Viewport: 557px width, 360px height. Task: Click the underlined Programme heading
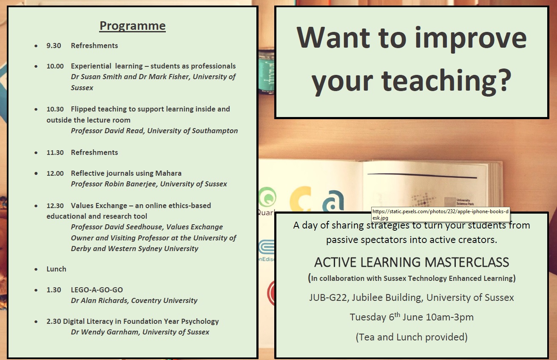tap(132, 26)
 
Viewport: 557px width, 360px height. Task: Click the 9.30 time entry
tap(54, 46)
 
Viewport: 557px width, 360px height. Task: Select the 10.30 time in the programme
tap(55, 109)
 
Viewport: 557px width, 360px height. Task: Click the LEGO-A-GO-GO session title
tap(97, 290)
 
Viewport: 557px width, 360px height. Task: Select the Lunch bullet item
tap(57, 269)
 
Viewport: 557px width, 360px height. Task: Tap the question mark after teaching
tap(503, 80)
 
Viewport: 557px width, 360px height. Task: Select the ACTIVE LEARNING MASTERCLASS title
tap(412, 262)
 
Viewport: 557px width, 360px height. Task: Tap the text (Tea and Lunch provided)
tap(412, 337)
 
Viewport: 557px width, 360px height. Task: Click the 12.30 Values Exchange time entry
tap(55, 206)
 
